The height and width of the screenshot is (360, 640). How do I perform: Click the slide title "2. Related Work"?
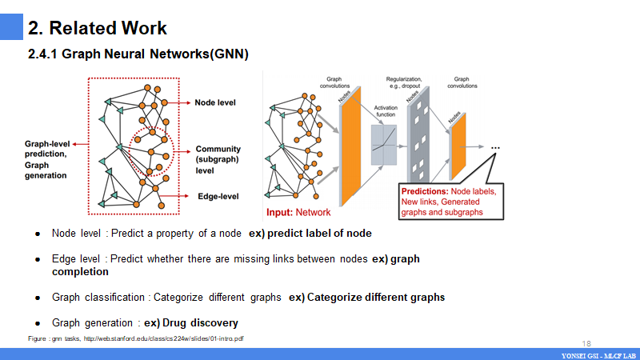(x=98, y=28)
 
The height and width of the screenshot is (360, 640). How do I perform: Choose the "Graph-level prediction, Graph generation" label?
(x=46, y=160)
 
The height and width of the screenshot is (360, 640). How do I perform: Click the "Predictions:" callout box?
(x=453, y=202)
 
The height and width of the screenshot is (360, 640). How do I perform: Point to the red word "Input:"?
(x=280, y=213)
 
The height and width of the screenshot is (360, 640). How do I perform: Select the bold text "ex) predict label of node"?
(x=310, y=234)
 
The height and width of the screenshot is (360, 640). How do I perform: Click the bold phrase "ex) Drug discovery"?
(x=190, y=323)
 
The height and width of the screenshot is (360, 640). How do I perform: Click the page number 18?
(x=587, y=342)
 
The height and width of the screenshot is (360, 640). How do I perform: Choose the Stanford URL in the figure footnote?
(x=164, y=338)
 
